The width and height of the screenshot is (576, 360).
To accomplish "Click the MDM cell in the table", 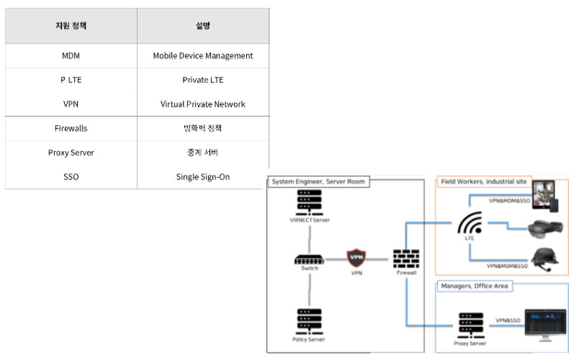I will pyautogui.click(x=71, y=55).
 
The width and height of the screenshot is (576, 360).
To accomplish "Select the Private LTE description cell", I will pyautogui.click(x=203, y=80).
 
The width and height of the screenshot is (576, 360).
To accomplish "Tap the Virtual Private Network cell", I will pyautogui.click(x=203, y=104).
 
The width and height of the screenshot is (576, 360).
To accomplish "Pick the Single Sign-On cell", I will pyautogui.click(x=203, y=176).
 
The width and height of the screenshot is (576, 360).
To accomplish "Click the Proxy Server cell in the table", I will pyautogui.click(x=71, y=153).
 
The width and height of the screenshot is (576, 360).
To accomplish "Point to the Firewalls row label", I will pyautogui.click(x=71, y=128).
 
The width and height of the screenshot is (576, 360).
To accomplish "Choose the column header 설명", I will pyautogui.click(x=203, y=26).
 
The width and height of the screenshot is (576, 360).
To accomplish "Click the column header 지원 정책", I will pyautogui.click(x=71, y=26).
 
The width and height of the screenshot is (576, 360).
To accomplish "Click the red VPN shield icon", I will pyautogui.click(x=356, y=258).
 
